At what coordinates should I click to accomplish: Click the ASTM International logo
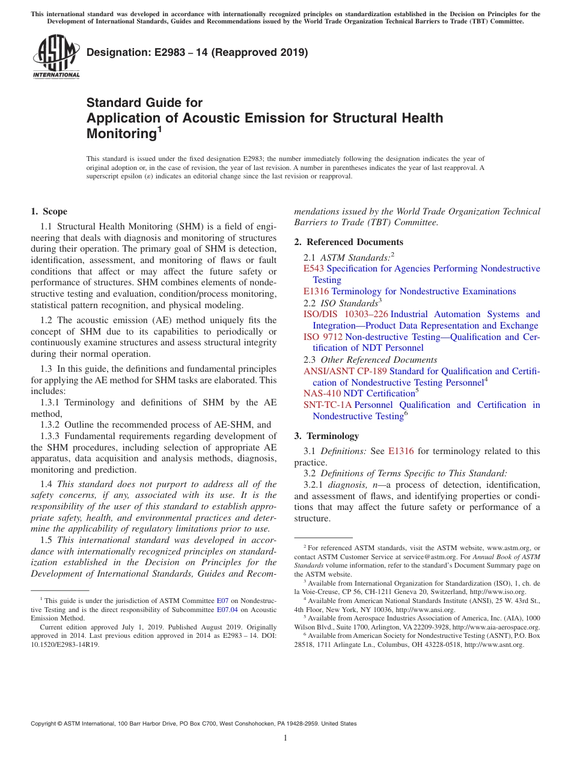click(56, 56)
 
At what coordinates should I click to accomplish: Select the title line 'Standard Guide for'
click(144, 103)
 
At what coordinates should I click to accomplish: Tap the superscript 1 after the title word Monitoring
click(159, 129)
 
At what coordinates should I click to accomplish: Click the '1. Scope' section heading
click(49, 211)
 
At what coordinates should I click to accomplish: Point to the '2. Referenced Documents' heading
click(349, 242)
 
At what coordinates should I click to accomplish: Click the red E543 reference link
click(313, 268)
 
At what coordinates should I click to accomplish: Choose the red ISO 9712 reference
click(323, 337)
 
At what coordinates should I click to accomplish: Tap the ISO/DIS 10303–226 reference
click(346, 314)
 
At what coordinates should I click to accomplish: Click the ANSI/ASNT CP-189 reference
click(345, 371)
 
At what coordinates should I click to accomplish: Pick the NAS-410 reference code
click(322, 393)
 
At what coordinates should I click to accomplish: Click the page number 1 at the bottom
click(285, 738)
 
